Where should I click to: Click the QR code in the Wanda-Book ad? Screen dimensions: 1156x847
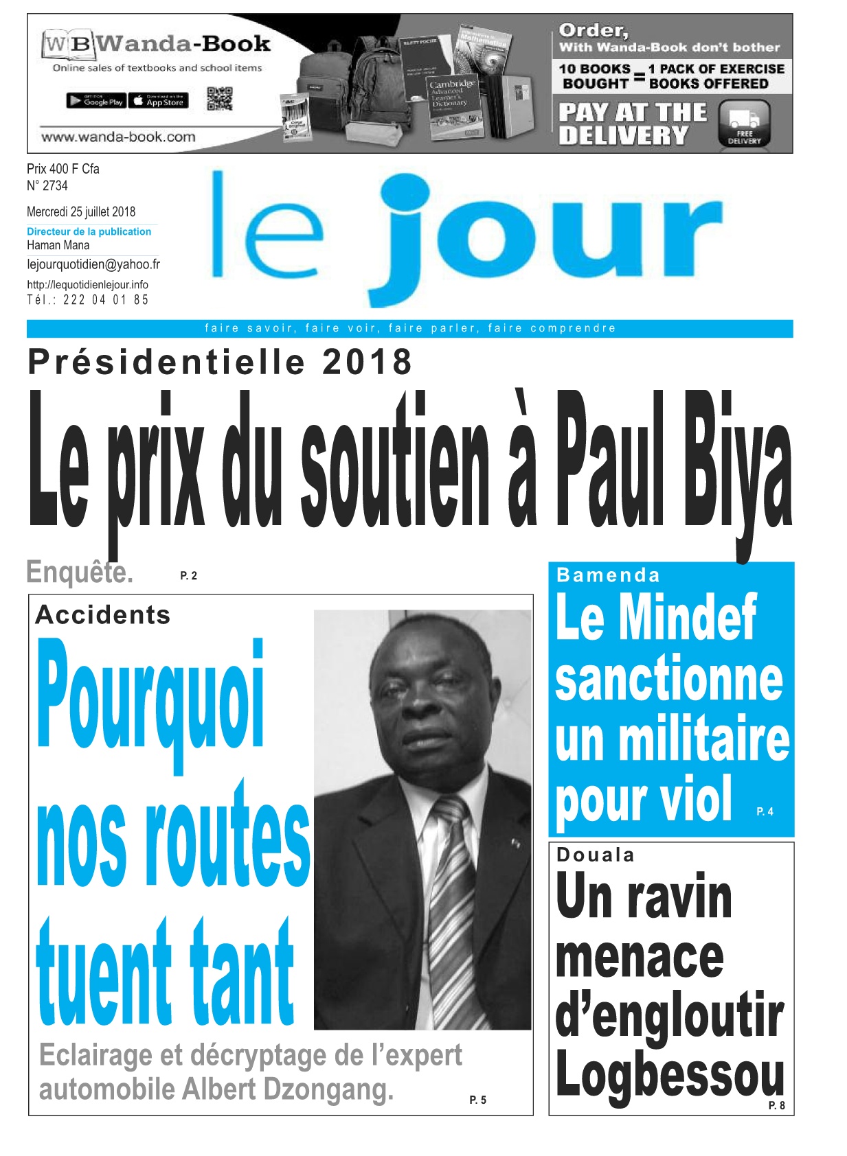[x=219, y=99]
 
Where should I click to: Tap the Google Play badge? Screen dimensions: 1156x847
[x=95, y=101]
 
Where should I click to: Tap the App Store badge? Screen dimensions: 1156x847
[x=158, y=101]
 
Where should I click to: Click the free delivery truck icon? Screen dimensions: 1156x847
[x=744, y=122]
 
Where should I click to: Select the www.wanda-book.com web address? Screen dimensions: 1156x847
[x=118, y=137]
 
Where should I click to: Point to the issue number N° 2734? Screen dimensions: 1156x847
[x=47, y=185]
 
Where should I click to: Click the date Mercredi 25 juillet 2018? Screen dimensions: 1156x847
[x=81, y=211]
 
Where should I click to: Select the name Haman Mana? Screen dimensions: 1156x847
[x=58, y=245]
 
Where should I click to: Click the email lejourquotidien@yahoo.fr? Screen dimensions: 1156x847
[x=93, y=264]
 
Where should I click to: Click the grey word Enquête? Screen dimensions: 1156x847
[x=79, y=572]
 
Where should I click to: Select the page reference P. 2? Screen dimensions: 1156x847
[x=188, y=576]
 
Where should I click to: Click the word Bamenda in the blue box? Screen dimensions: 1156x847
[x=608, y=575]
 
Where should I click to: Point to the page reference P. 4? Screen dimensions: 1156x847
[x=765, y=811]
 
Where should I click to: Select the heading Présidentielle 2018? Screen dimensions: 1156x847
[x=220, y=362]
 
